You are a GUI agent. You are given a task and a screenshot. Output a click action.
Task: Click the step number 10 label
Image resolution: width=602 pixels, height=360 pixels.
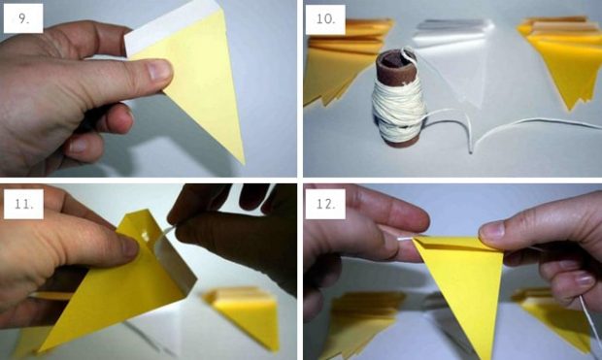pos(326,19)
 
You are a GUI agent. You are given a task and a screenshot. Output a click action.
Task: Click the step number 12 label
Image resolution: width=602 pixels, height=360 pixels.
pos(326,204)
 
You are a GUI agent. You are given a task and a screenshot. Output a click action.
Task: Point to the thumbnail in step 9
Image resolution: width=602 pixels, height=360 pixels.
pos(155,69)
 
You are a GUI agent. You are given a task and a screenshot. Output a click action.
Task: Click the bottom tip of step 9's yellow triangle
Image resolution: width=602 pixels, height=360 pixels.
pos(241,160)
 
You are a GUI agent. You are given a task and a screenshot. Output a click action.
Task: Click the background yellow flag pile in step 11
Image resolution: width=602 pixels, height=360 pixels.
pos(249,311)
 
